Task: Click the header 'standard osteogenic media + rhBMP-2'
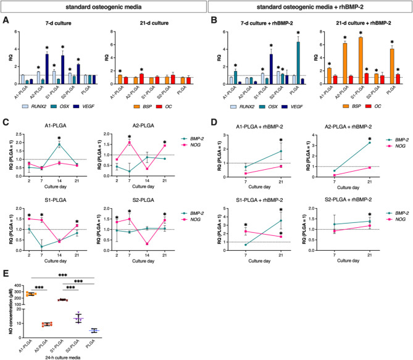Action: pos(310,7)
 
